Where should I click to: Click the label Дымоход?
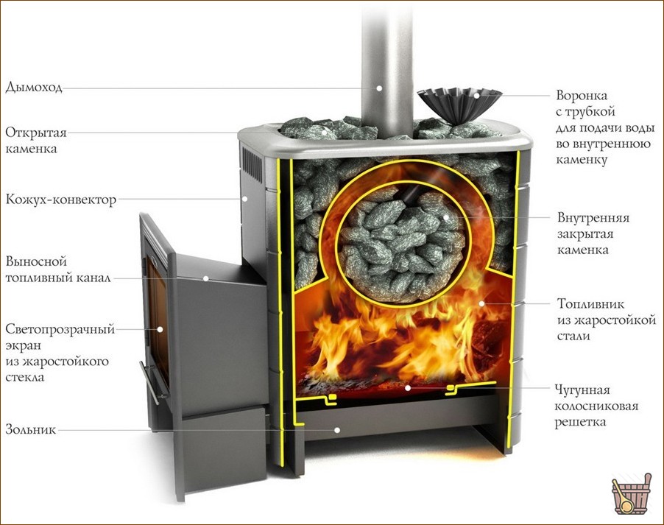[x=34, y=88]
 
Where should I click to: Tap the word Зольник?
[x=30, y=430]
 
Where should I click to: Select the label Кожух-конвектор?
[x=60, y=200]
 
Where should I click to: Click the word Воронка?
[x=582, y=95]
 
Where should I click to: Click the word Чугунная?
[x=582, y=390]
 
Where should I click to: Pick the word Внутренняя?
[x=593, y=218]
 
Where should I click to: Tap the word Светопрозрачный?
[x=60, y=330]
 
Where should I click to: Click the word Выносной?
[x=36, y=261]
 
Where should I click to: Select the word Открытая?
[x=36, y=133]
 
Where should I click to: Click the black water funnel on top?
[x=459, y=105]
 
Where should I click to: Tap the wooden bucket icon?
[x=629, y=493]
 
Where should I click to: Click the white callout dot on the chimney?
[x=379, y=88]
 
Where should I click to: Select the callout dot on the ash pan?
[x=337, y=430]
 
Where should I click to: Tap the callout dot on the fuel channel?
[x=206, y=278]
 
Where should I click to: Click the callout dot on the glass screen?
[x=160, y=329]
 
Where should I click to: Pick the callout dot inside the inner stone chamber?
[x=445, y=217]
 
